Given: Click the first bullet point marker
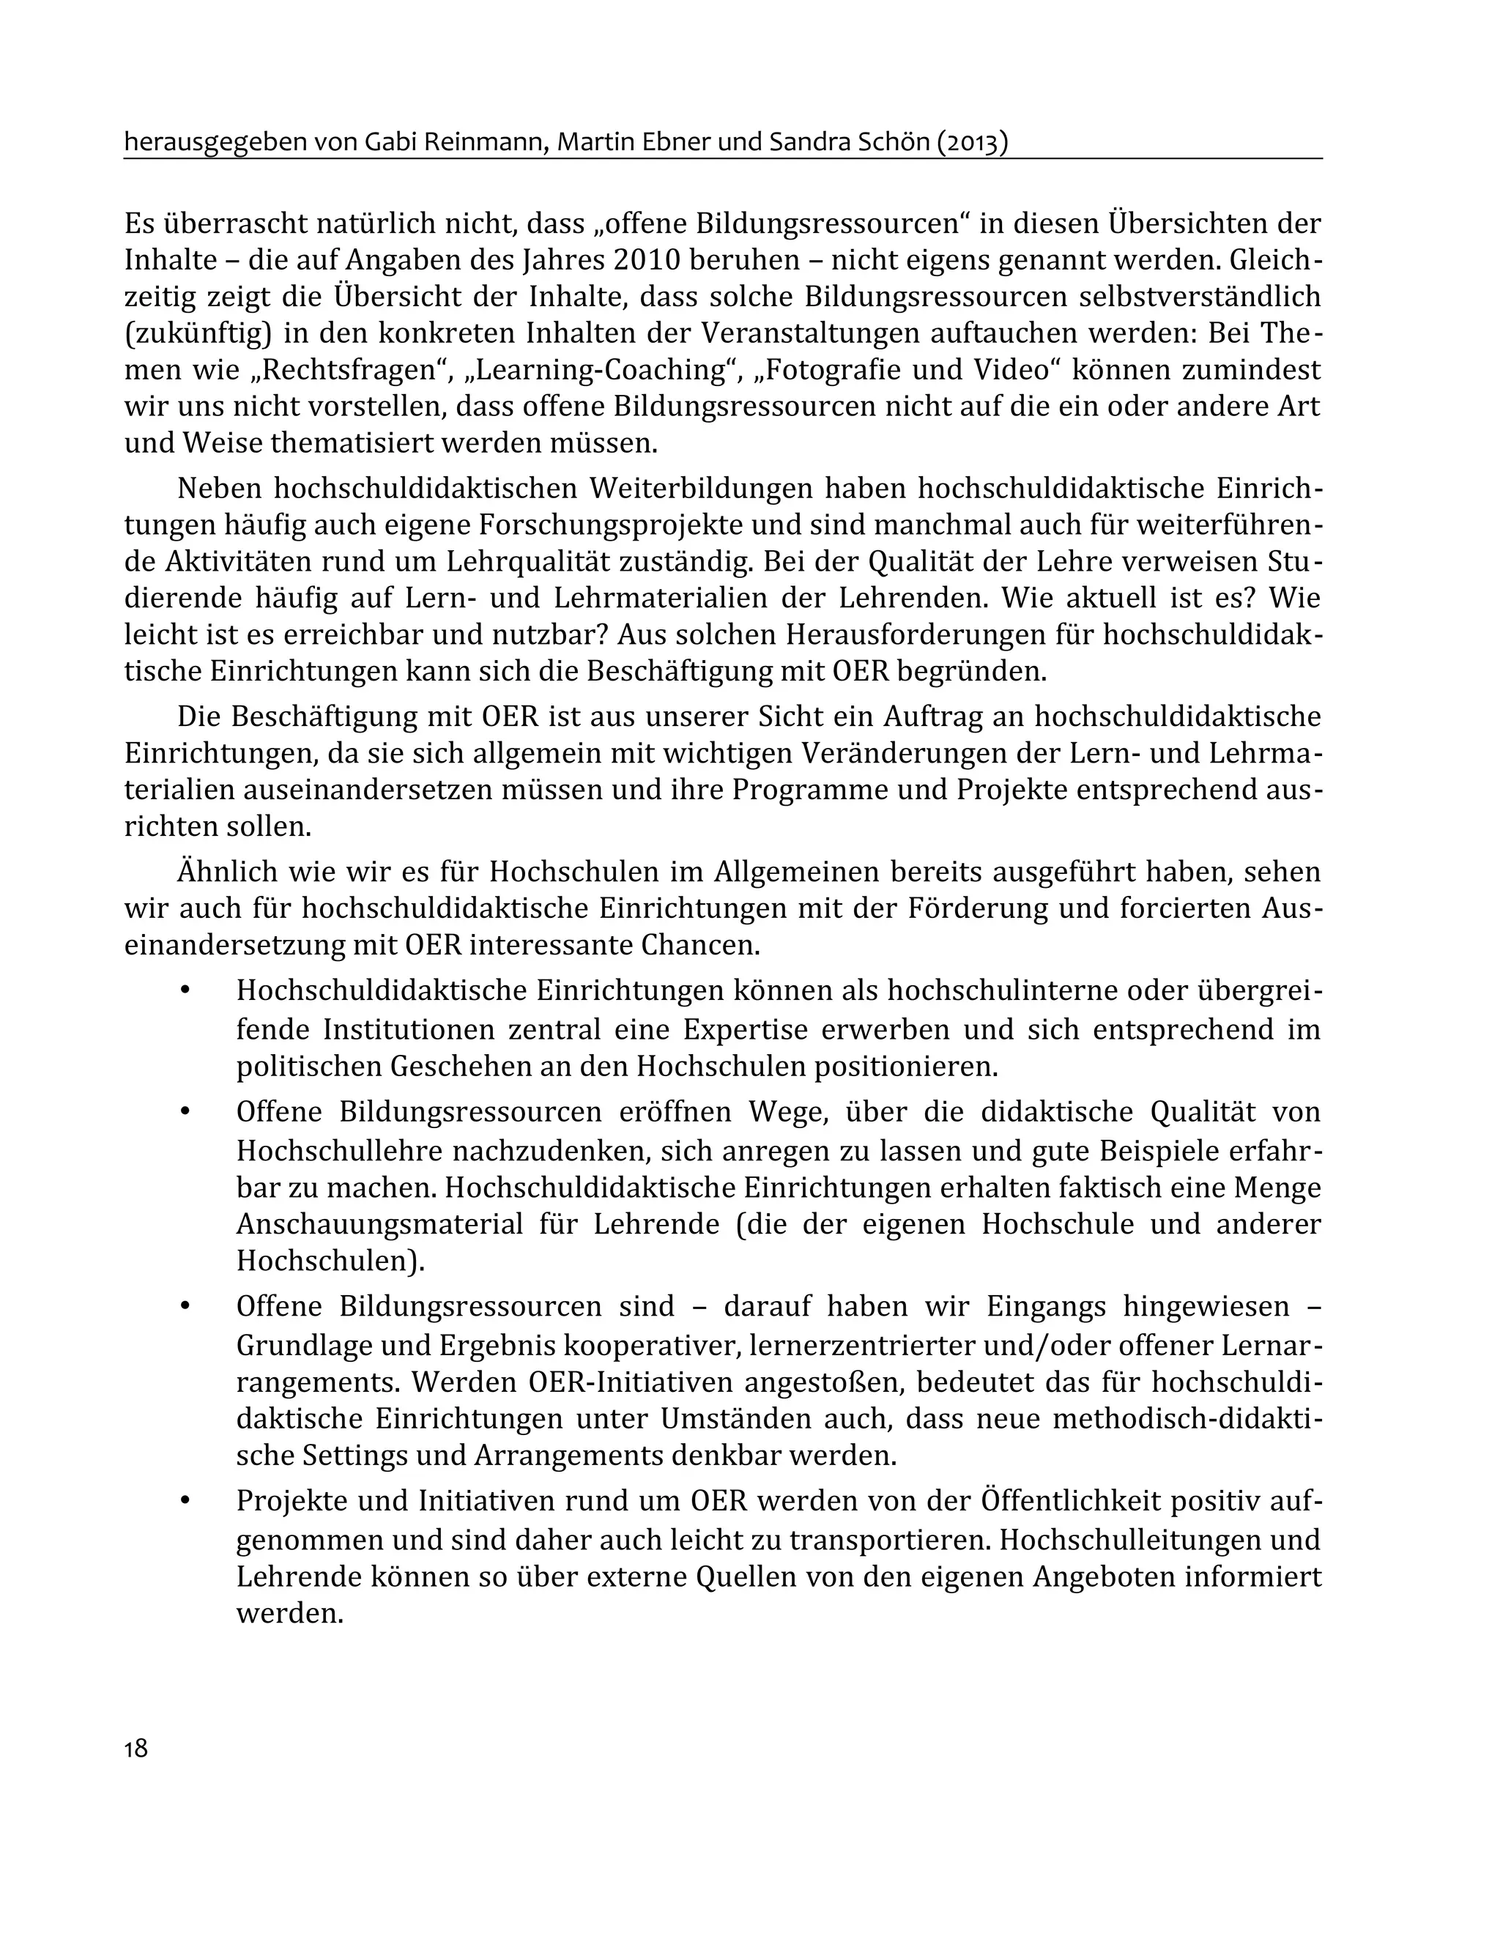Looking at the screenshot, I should click(185, 991).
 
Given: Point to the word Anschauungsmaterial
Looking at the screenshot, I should click(379, 1223).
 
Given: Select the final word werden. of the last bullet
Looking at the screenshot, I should click(290, 1613).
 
